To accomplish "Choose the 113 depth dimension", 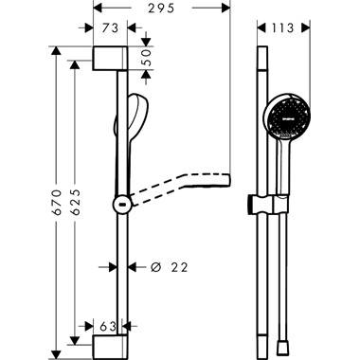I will [x=282, y=27].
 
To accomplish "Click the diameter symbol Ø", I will [x=154, y=269].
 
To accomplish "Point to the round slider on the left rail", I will [x=120, y=204].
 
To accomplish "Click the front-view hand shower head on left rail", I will [x=135, y=114].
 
